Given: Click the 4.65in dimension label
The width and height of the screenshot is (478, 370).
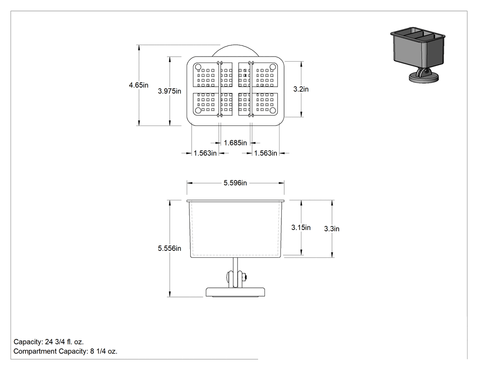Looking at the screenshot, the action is click(x=138, y=85).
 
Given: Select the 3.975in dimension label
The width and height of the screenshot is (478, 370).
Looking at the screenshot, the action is click(x=169, y=91).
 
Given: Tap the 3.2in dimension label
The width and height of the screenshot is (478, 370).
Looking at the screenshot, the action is click(x=301, y=89).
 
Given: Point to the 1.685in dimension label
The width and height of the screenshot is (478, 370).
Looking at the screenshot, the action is click(x=235, y=143).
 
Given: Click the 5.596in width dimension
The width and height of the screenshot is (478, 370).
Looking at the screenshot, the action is click(x=235, y=182).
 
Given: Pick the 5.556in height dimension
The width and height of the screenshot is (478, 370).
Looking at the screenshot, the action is click(x=169, y=248).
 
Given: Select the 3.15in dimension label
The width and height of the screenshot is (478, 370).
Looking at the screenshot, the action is click(x=301, y=227).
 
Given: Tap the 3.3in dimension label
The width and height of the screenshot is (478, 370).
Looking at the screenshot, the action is click(x=332, y=229).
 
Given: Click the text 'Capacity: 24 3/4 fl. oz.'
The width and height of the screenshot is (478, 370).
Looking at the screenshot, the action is click(x=48, y=342).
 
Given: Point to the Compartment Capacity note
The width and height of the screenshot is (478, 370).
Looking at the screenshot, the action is click(x=65, y=351).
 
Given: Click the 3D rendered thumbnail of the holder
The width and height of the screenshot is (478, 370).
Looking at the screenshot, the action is click(x=417, y=55).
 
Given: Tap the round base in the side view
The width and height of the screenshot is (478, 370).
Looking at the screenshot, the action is click(x=235, y=292).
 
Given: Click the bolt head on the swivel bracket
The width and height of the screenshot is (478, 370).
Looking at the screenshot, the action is click(x=244, y=277).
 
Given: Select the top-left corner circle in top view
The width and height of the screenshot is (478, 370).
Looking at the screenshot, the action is click(x=198, y=67).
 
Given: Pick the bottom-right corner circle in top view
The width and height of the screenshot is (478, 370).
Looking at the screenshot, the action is click(x=273, y=110).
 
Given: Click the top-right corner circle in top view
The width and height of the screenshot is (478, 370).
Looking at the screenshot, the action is click(x=273, y=67).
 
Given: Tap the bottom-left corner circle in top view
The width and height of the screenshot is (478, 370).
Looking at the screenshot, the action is click(x=198, y=110).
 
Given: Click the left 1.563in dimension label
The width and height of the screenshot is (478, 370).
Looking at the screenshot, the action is click(x=205, y=153).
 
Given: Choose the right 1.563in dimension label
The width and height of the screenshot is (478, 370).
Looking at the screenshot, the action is click(x=265, y=153).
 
